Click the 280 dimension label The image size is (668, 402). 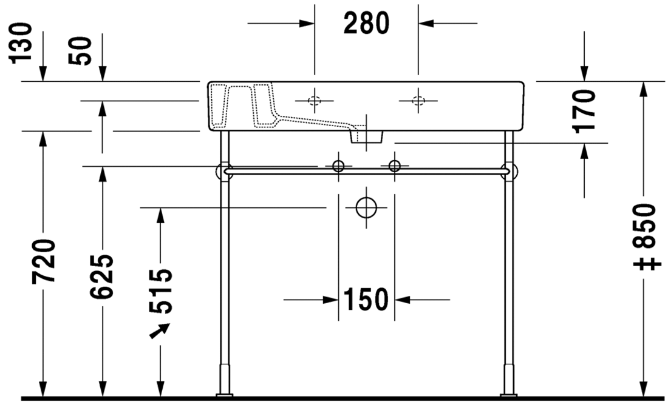366,24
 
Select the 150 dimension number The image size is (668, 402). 366,300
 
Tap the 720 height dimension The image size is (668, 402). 44,261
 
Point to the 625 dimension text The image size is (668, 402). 102,276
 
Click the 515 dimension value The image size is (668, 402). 161,292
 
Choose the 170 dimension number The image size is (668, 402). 584,111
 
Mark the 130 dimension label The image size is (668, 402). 21,44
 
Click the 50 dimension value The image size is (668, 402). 80,51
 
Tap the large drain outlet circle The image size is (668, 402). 366,208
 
